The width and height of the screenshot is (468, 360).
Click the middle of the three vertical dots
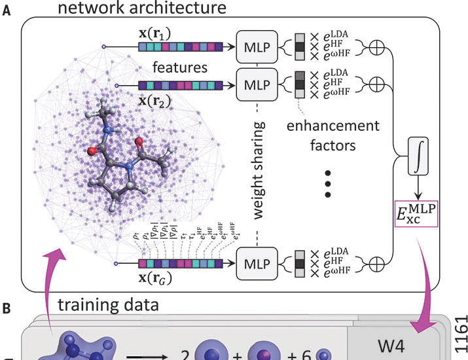[329, 185]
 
